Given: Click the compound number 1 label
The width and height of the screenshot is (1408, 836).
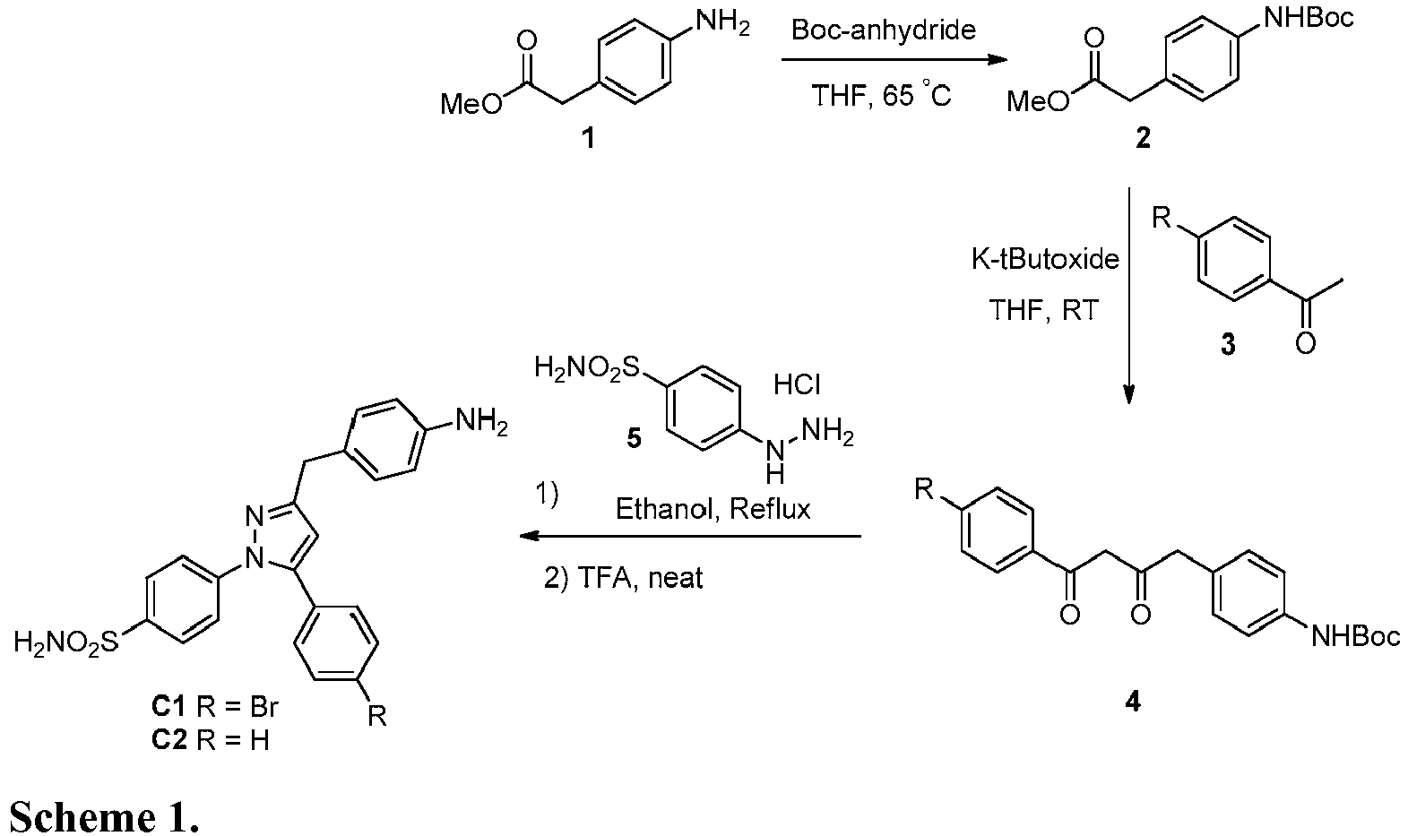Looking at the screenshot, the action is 588,137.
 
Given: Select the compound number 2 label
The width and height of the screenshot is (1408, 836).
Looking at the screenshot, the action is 1143,137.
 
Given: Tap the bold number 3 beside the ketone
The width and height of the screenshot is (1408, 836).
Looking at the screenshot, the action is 1228,344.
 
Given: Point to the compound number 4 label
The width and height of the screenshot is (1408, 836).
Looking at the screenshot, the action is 1133,702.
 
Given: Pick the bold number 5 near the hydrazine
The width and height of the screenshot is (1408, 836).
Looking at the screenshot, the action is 635,438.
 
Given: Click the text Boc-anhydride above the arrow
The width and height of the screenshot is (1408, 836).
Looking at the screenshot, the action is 883,30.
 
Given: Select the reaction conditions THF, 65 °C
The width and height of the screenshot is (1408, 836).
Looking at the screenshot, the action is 881,96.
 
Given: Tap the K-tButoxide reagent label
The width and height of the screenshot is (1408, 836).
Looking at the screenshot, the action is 1045,259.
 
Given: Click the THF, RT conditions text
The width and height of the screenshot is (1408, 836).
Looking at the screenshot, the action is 1043,310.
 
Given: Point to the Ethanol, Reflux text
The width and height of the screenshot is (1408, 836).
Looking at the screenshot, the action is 713,509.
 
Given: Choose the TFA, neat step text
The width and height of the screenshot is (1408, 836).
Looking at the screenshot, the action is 623,577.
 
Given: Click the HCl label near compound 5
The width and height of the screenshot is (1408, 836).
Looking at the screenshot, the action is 797,384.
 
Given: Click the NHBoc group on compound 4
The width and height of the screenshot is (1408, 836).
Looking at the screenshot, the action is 1356,637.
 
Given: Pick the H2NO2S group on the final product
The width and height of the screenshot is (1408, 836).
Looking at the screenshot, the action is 66,642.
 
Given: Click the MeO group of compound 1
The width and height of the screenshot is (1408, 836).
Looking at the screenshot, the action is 471,103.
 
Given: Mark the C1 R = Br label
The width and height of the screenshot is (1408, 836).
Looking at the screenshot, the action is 214,707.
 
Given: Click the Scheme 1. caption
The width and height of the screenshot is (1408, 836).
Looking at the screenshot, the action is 104,816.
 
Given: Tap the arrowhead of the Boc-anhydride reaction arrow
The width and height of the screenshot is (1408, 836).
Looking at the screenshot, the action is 998,60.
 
